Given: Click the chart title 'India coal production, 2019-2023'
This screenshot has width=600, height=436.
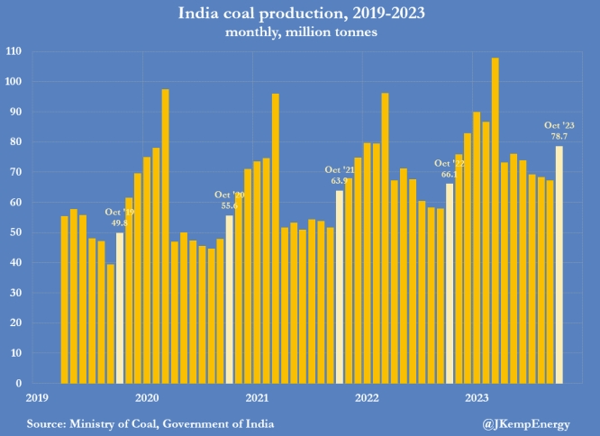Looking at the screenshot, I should point(300,13).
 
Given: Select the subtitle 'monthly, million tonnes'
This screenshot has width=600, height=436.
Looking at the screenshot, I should point(300,32).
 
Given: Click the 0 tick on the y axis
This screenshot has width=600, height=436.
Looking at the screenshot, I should point(18,383).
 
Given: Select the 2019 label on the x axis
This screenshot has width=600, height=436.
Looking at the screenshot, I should point(37,396).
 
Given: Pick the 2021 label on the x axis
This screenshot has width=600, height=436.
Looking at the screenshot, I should point(257,396).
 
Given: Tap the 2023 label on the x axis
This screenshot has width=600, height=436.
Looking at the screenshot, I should point(477,396).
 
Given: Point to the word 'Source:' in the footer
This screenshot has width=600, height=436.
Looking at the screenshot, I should point(48,422).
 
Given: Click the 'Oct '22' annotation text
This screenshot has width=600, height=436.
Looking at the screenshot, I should point(449,164).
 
